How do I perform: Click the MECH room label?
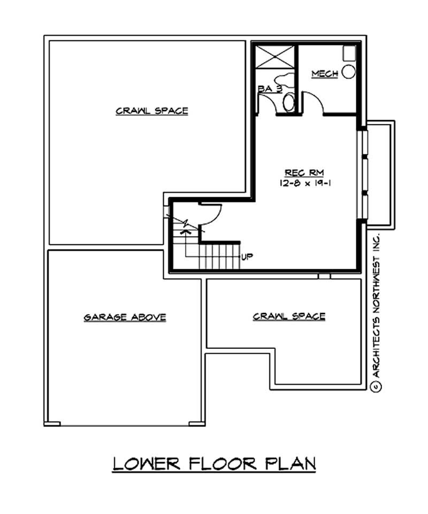pos(324,74)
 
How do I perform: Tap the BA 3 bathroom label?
pos(270,89)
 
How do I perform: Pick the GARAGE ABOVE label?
pos(125,317)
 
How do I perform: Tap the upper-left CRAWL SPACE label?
pos(152,111)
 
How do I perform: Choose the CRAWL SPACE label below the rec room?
pos(289,316)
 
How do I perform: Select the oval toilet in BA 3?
pos(289,102)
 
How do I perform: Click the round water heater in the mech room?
pos(349,72)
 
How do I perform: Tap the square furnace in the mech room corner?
pos(349,52)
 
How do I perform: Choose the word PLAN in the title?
pos(292,463)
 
